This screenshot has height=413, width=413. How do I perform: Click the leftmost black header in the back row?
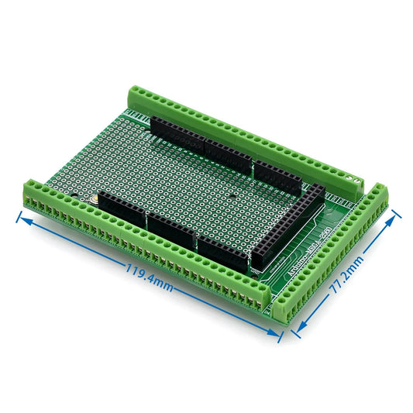177,133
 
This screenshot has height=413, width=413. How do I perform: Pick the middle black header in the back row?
227,157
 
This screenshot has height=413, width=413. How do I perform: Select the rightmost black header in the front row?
223,253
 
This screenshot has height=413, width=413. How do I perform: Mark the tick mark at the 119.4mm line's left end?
18,215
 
